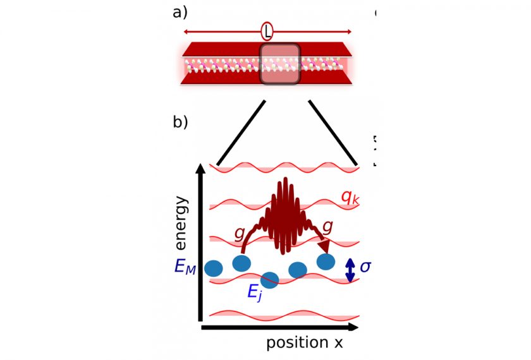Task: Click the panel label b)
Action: [x=180, y=122]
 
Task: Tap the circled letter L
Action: [x=267, y=32]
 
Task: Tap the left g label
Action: [x=239, y=234]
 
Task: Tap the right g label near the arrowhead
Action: [x=328, y=226]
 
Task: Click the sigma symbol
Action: [x=365, y=267]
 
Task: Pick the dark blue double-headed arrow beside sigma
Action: [x=349, y=270]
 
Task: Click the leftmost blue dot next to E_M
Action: [x=214, y=268]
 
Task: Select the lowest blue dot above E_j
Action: [x=270, y=279]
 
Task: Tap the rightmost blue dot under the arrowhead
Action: [x=326, y=261]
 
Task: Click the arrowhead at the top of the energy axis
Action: [x=201, y=169]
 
